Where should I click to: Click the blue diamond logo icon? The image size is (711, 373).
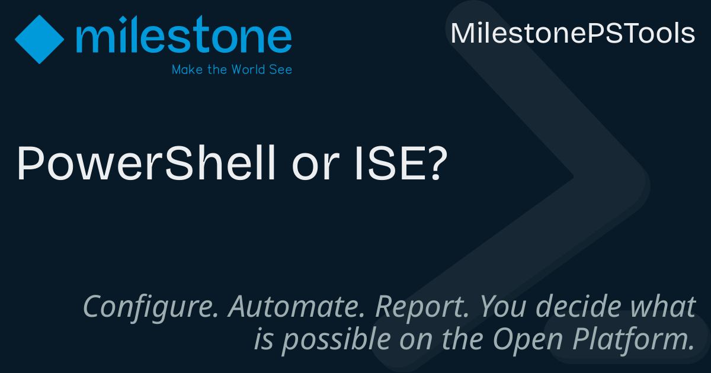(x=39, y=39)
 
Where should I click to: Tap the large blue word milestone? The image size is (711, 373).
(x=184, y=34)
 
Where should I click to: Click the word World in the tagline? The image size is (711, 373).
(x=248, y=69)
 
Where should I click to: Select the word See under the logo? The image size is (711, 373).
(x=281, y=70)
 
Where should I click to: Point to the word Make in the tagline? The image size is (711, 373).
(x=187, y=69)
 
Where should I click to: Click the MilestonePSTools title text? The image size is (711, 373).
(x=573, y=33)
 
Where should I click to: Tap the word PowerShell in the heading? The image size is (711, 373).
(x=146, y=163)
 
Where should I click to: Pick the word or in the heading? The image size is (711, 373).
(x=315, y=167)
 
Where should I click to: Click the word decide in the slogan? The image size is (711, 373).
(x=578, y=306)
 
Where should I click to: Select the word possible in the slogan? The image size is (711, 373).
(x=337, y=340)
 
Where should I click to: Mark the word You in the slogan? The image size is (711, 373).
(x=503, y=306)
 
